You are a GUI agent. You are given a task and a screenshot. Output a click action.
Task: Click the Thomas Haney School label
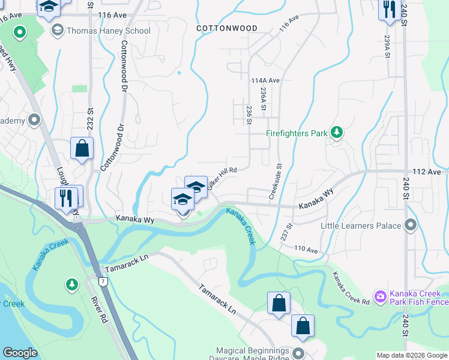click(109, 30)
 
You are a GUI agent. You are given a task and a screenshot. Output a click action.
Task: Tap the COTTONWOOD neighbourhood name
click(228, 28)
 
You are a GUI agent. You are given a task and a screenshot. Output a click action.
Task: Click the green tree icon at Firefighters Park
click(337, 131)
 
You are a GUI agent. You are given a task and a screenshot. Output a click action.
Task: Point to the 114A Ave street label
click(265, 80)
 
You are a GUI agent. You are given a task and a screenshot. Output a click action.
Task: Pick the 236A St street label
click(263, 98)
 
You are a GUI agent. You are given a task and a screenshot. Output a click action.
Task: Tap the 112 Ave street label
click(427, 172)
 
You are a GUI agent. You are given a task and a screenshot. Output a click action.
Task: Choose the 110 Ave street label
click(305, 248)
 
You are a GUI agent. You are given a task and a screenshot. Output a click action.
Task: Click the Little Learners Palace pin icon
click(411, 226)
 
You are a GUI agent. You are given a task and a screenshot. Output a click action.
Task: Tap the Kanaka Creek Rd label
click(351, 288)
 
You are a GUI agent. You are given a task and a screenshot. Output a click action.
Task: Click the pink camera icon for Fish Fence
click(380, 296)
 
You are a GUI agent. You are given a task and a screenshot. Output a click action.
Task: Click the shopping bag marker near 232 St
click(82, 148)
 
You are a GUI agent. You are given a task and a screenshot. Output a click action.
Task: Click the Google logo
click(20, 353)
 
